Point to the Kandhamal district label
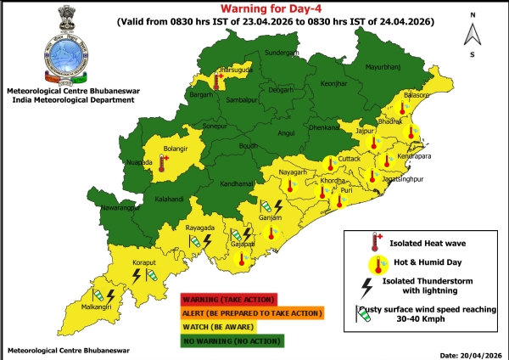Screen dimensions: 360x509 tap(217, 183)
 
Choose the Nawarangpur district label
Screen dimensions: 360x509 tap(112, 207)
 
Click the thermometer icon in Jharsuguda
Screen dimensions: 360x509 tap(218, 82)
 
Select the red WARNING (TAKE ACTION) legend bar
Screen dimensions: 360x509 tap(228, 299)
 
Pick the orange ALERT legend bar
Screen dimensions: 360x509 tap(251, 313)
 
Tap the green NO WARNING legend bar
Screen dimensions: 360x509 tap(233, 341)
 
